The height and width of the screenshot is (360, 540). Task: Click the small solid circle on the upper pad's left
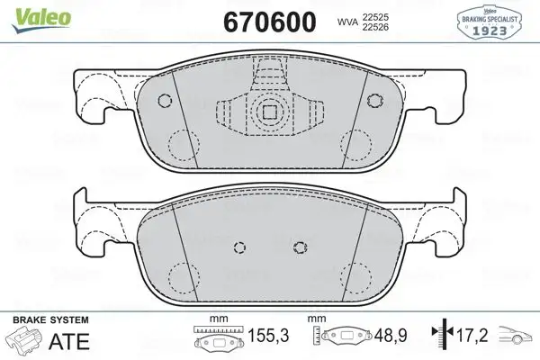click(165, 101)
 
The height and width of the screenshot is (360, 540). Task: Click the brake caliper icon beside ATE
click(24, 340)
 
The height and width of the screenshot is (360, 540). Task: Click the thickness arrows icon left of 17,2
click(439, 336)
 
